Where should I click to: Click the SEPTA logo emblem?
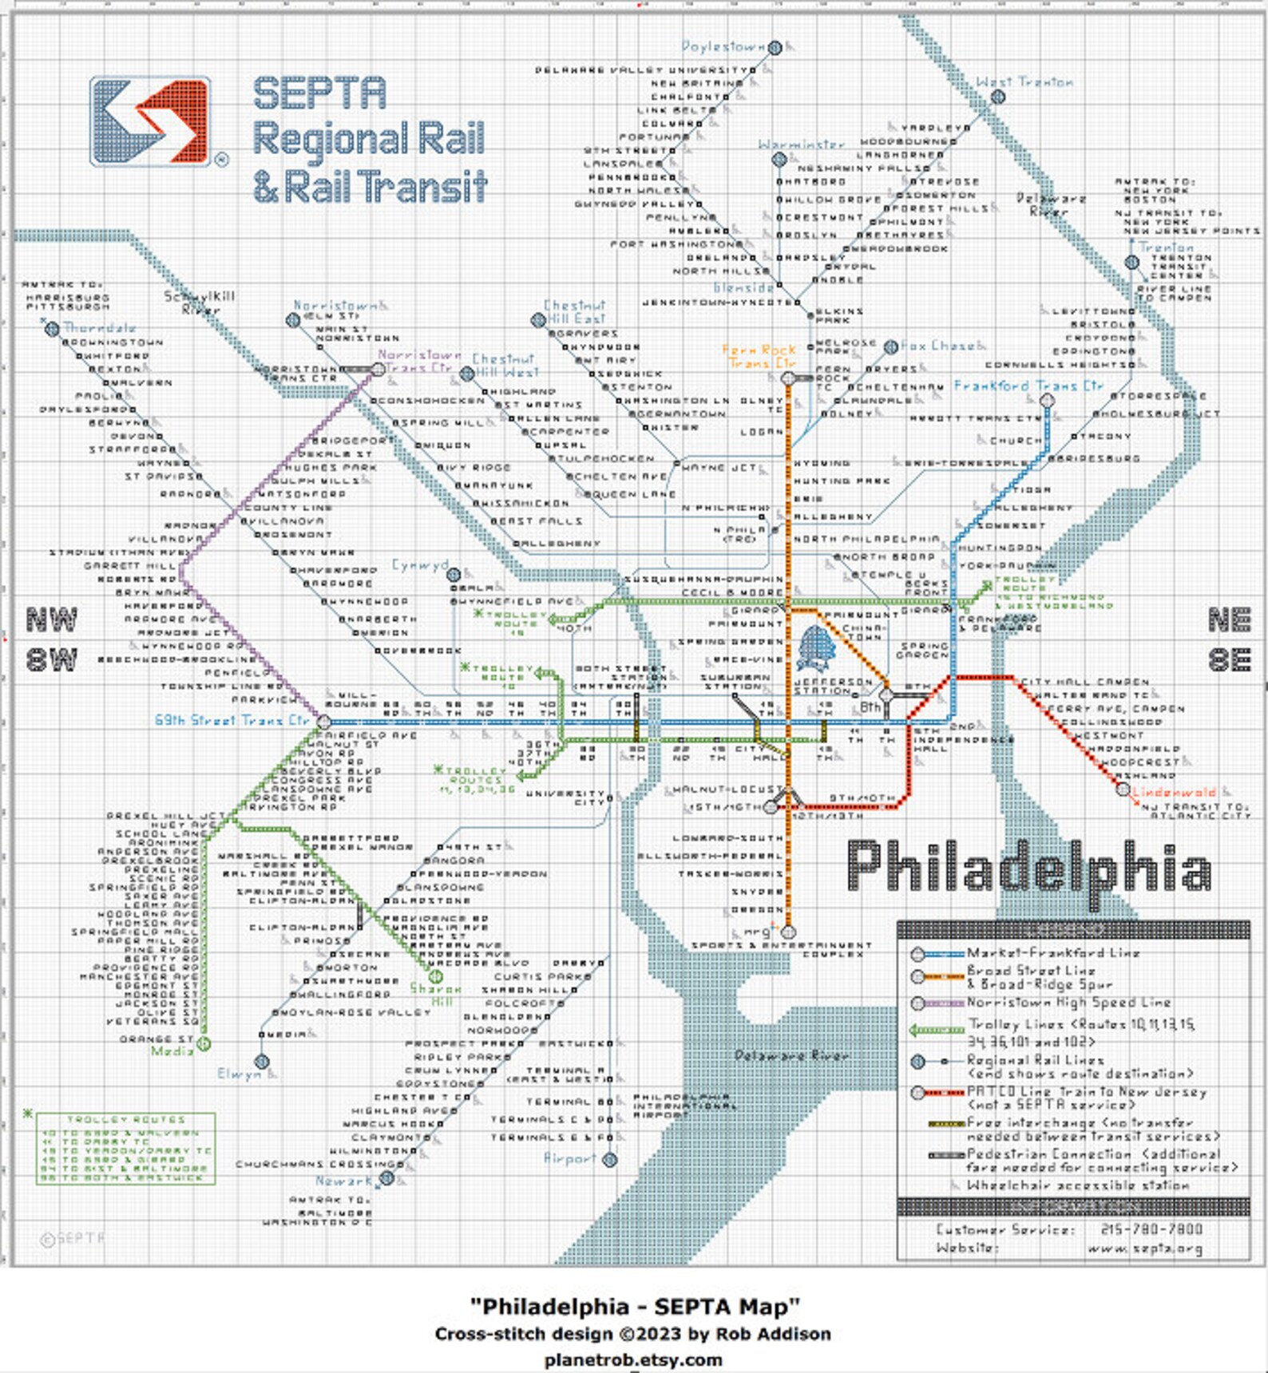(x=150, y=121)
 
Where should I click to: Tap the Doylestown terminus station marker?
(x=775, y=48)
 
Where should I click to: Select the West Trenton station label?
(x=1024, y=82)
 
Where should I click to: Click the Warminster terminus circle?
(x=779, y=160)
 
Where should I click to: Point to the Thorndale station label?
(x=99, y=328)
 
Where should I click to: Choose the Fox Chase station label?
(x=937, y=346)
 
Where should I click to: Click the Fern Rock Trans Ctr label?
(x=759, y=356)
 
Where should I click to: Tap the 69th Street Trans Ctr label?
(x=232, y=720)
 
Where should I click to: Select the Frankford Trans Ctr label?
(x=1028, y=386)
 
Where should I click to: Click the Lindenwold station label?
(x=1173, y=793)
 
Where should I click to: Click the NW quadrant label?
(x=52, y=619)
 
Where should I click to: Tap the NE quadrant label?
(x=1229, y=619)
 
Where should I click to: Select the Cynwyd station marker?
(x=454, y=575)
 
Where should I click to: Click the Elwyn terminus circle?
(x=262, y=1062)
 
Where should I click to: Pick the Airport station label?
(x=569, y=1158)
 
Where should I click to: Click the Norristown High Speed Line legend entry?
(x=1068, y=1003)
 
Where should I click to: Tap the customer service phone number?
(x=1151, y=1229)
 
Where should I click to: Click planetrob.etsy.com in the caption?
(x=633, y=1359)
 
